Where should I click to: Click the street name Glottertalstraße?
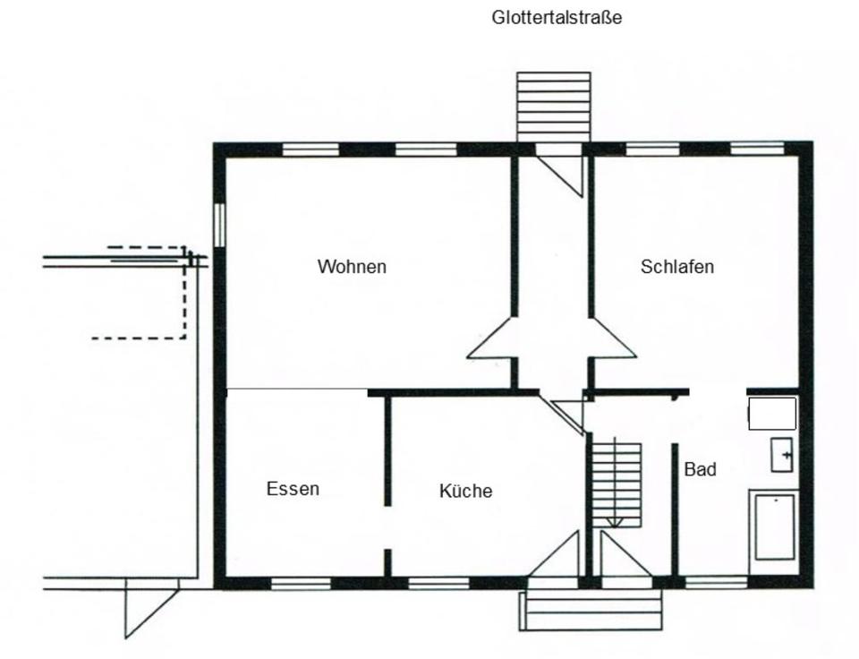[x=557, y=17]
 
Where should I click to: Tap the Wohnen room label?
[x=352, y=267]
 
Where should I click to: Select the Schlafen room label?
[x=677, y=267]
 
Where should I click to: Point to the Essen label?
[x=293, y=489]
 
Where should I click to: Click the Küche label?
[x=465, y=491]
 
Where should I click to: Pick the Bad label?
[x=700, y=469]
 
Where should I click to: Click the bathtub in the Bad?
[x=774, y=526]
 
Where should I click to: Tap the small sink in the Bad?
[x=782, y=455]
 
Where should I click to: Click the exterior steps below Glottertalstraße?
[x=554, y=106]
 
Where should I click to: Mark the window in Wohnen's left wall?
[x=218, y=223]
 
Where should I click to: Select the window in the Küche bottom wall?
[x=438, y=584]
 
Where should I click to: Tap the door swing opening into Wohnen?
[x=492, y=345]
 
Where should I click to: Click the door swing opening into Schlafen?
[x=612, y=345]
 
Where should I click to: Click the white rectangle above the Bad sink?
[x=772, y=414]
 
